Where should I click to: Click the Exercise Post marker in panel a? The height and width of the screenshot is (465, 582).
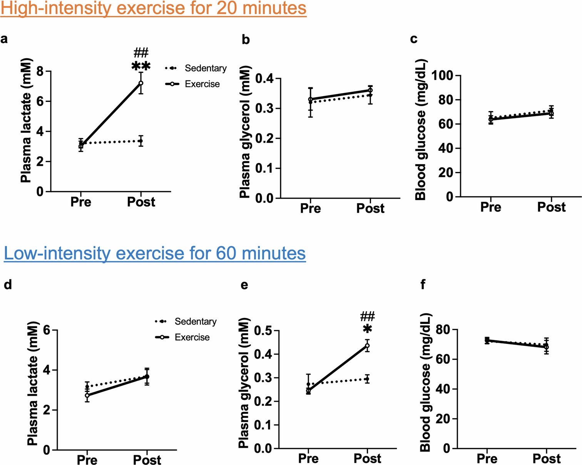tap(141, 83)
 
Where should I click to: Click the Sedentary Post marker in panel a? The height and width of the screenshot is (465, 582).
tap(141, 141)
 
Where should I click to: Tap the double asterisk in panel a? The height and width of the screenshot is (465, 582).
tap(141, 67)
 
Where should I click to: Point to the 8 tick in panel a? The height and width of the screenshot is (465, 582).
tap(40, 72)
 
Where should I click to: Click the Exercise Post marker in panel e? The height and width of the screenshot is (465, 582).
tap(367, 345)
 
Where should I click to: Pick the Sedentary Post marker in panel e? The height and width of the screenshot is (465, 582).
tap(367, 379)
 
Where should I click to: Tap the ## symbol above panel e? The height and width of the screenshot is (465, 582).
tap(367, 317)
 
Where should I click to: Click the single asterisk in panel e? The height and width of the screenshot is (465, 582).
tap(367, 329)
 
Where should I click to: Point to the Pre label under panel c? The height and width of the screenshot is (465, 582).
tap(490, 207)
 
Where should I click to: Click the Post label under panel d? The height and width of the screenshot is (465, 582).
tap(147, 460)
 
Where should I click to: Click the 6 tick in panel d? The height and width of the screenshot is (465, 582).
tap(47, 330)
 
